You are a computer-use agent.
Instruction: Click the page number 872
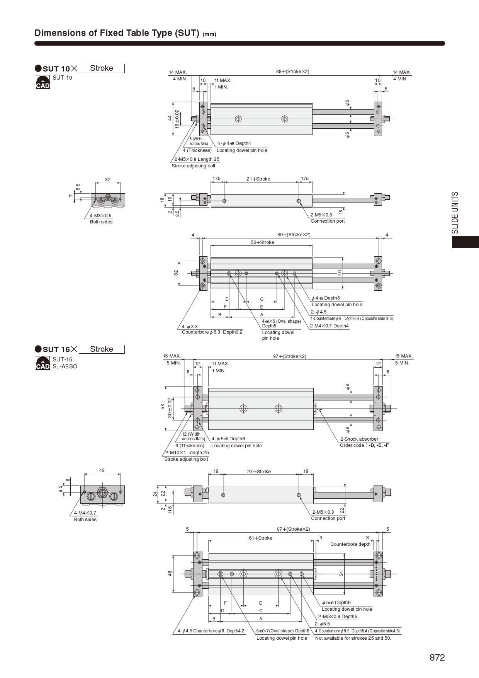click(x=437, y=658)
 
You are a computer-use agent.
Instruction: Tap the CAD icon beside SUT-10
click(x=42, y=82)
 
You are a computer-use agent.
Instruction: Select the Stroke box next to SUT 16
click(x=102, y=349)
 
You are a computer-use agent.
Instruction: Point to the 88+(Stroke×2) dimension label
click(x=293, y=72)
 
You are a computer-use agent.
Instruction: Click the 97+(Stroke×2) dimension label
click(x=290, y=356)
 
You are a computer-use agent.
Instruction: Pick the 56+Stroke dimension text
click(x=262, y=242)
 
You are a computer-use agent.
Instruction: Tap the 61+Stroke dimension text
click(x=260, y=538)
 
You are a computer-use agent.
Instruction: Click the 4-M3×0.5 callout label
click(x=100, y=216)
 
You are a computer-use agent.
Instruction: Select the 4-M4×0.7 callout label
click(x=85, y=513)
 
